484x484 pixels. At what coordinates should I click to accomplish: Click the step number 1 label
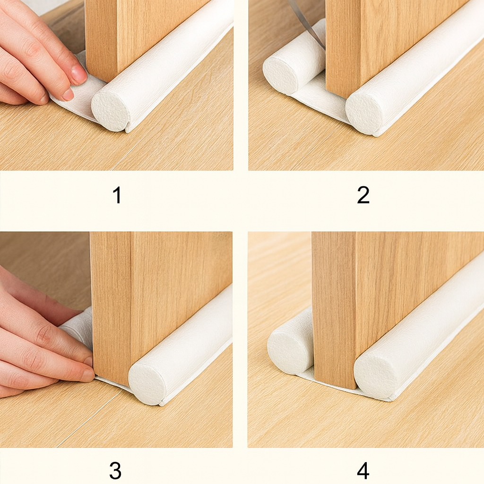click(x=117, y=195)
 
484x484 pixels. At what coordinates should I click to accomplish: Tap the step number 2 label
click(x=363, y=195)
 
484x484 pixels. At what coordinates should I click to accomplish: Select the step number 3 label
click(x=115, y=470)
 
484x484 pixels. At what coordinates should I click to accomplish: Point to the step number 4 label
click(x=363, y=470)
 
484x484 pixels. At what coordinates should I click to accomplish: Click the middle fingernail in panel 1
click(x=68, y=94)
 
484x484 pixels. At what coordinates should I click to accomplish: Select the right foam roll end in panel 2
click(x=364, y=113)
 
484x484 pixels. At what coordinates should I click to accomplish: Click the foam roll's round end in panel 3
click(x=147, y=384)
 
